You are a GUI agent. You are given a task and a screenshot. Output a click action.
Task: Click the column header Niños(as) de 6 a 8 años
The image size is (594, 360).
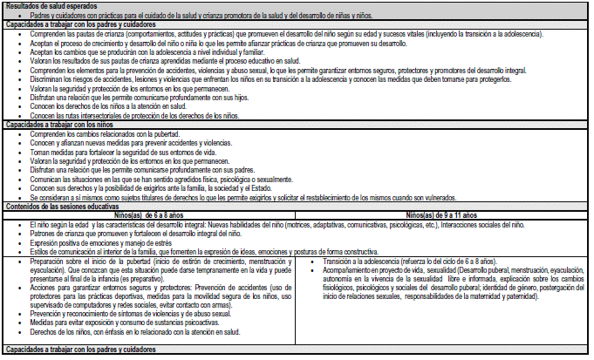click(152, 215)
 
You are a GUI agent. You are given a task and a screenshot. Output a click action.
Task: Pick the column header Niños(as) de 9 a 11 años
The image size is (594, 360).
click(442, 215)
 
